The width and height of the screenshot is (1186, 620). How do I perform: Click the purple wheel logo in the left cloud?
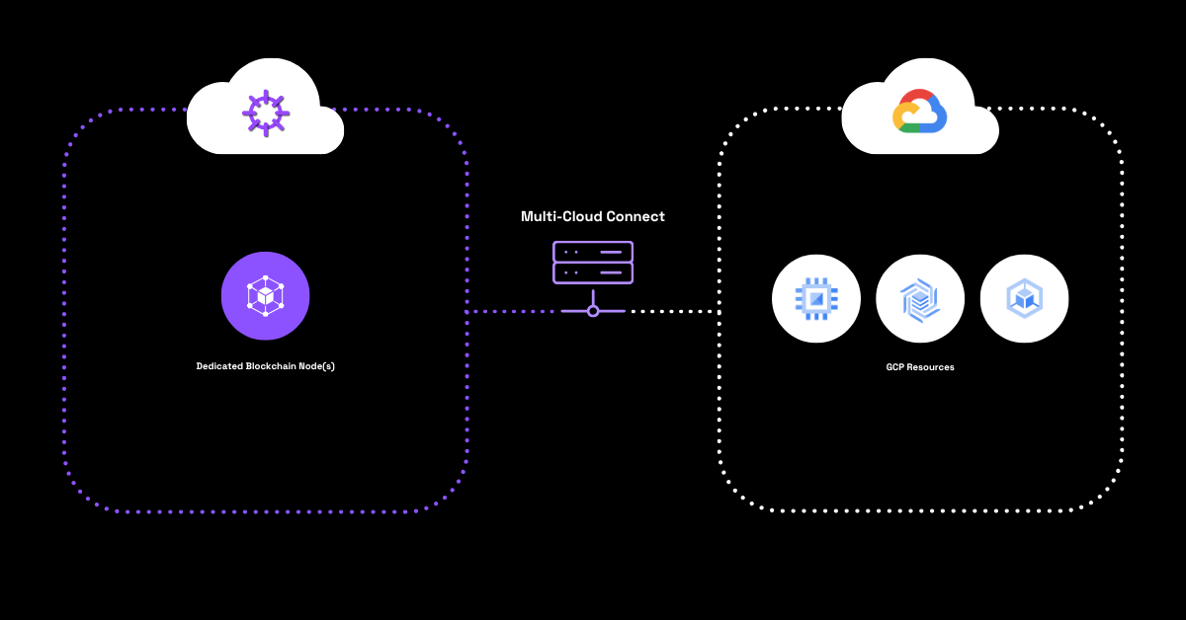tap(266, 113)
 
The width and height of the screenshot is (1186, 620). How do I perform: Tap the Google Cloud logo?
tap(920, 111)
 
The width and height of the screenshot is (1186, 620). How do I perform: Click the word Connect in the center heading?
tap(635, 216)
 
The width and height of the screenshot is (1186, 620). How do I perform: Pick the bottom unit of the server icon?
tap(593, 272)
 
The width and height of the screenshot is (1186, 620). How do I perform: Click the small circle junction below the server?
tap(593, 311)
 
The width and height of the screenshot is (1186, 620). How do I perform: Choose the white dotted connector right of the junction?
tap(672, 311)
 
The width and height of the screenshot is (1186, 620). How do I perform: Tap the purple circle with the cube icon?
tap(265, 296)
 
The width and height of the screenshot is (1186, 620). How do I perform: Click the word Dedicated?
tap(219, 366)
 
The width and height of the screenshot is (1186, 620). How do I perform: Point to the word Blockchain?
tap(271, 366)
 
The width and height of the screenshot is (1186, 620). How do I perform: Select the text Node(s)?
tap(317, 366)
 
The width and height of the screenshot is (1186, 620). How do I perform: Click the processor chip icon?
tap(816, 298)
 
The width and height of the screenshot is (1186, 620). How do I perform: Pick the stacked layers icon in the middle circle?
tap(920, 298)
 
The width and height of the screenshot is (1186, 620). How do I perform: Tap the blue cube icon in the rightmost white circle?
tap(1024, 298)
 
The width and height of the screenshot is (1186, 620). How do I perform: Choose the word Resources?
tap(931, 367)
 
